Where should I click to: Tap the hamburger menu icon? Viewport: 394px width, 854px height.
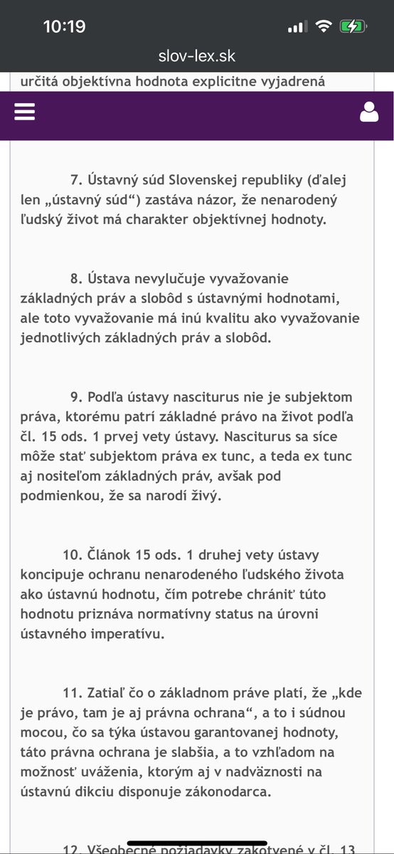click(24, 112)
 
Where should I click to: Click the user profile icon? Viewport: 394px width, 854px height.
click(369, 112)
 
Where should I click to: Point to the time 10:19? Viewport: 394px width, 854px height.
click(64, 27)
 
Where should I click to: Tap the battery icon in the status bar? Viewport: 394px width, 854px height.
click(353, 27)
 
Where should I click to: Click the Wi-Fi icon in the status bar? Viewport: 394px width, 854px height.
click(324, 27)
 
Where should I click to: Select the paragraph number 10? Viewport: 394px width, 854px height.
click(72, 534)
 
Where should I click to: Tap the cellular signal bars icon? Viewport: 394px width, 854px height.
click(297, 27)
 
